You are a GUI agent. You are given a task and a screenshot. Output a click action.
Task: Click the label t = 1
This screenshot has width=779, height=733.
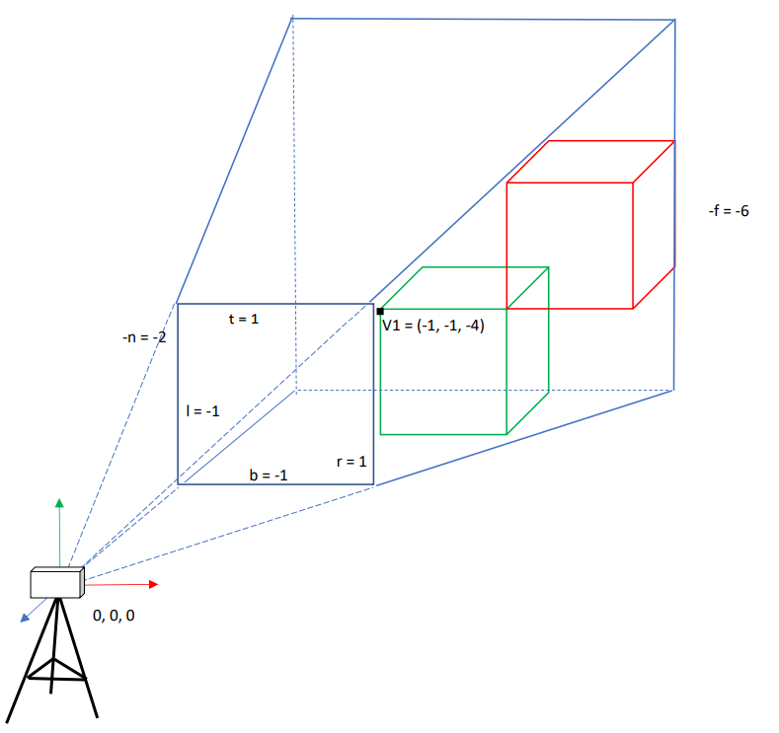click(x=244, y=319)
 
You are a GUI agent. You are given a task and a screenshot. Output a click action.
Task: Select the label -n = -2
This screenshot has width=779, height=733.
click(x=144, y=337)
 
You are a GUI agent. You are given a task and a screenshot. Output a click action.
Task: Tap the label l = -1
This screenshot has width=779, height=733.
click(x=202, y=411)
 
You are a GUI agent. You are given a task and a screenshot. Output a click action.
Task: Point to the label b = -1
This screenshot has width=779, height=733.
click(x=269, y=475)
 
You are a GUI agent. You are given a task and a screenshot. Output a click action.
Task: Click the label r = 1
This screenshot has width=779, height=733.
click(x=351, y=462)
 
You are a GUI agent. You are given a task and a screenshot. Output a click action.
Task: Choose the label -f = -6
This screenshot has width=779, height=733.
click(x=729, y=211)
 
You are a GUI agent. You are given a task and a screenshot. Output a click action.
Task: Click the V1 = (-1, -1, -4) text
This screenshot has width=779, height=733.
click(x=433, y=326)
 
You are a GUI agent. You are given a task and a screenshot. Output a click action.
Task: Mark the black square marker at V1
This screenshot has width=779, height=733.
click(x=380, y=311)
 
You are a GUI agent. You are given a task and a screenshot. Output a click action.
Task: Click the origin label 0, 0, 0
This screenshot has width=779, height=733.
click(x=114, y=616)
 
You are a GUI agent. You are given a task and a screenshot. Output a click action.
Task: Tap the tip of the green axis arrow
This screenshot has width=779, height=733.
click(x=59, y=499)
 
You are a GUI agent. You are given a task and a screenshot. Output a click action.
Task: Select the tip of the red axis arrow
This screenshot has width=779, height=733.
click(x=158, y=584)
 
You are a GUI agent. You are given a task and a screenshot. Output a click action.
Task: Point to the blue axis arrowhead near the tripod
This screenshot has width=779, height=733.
click(x=24, y=619)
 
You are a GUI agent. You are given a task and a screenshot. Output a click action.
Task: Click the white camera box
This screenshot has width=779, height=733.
click(x=57, y=583)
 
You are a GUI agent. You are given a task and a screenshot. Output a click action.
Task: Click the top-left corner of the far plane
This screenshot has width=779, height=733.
click(x=292, y=19)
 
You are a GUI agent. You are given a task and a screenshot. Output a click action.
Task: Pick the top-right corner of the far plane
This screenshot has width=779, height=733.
click(x=674, y=20)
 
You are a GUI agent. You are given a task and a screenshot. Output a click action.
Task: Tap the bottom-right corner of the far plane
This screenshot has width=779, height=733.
click(x=673, y=391)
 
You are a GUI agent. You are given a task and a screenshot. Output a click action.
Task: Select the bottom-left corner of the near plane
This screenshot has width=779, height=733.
click(x=178, y=483)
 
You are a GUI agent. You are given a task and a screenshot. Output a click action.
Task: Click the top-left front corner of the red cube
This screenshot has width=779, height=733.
click(x=506, y=183)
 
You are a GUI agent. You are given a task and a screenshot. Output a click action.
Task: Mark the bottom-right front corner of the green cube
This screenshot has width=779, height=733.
click(x=506, y=434)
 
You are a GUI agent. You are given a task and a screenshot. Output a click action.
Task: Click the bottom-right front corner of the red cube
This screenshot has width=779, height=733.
click(x=633, y=309)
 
